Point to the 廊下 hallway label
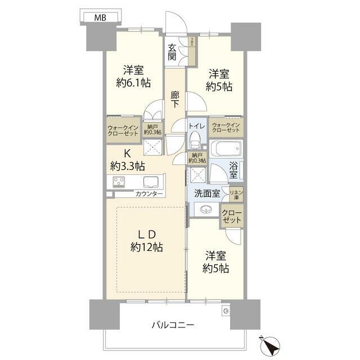coord(175,100)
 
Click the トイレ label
coord(196,126)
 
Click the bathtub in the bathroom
coord(226,150)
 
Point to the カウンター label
coord(148,194)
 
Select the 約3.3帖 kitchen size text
coord(128,166)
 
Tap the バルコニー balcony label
coord(173,325)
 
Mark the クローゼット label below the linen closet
coord(231,217)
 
